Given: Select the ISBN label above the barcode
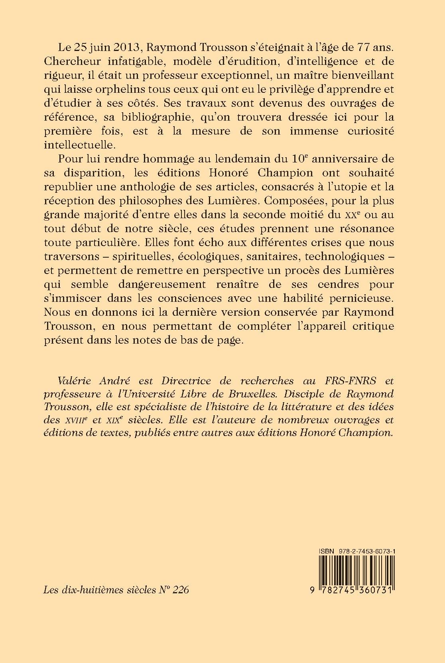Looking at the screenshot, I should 327,551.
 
